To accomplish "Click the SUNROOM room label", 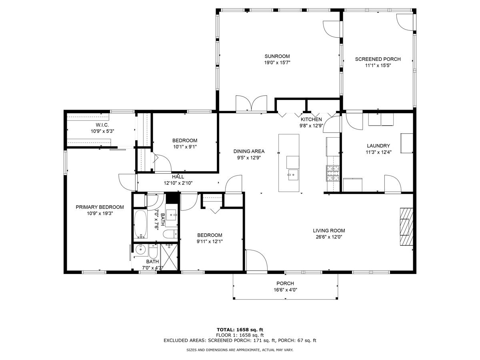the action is coord(277,56).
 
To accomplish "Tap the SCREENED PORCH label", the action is coord(378,59).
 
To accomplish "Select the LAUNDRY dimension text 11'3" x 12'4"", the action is coord(378,152).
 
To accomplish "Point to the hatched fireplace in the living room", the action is coord(406,227).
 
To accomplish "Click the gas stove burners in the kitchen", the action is coord(333,173).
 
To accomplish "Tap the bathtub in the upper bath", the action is coord(141,224).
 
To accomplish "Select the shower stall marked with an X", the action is coord(169,257).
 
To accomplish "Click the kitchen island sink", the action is coord(293,175).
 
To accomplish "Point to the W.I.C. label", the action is coord(102,125).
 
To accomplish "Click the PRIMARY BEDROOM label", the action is coord(100,207).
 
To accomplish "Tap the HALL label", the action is coord(178,177).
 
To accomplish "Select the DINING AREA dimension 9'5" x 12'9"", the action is coord(249,158).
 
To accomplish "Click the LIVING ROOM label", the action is coord(329,231).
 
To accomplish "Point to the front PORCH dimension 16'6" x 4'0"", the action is coord(285,290).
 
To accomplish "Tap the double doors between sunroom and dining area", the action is coord(251,104).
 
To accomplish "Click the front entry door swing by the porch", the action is coord(256,260).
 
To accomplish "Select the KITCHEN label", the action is coord(311,119).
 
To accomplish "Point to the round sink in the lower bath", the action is coord(140,249).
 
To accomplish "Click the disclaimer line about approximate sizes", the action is coord(240,350).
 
